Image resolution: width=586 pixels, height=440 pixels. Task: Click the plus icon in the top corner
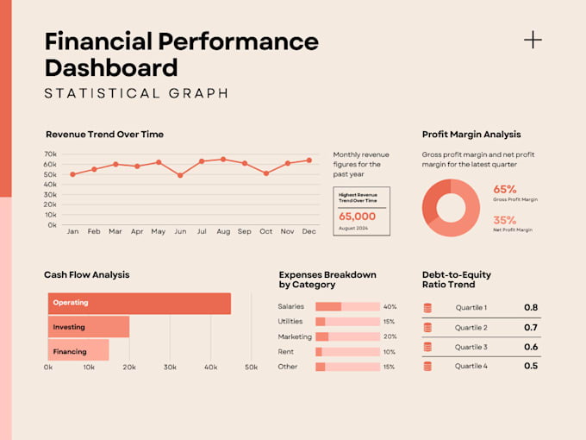(533, 39)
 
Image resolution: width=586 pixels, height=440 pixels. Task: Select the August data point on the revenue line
(223, 160)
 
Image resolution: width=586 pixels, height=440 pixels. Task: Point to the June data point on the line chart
(180, 175)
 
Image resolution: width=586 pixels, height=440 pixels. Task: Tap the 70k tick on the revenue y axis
(50, 154)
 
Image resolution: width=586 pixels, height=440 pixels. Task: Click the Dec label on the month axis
(309, 231)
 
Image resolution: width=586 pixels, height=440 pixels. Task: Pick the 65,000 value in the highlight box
(357, 217)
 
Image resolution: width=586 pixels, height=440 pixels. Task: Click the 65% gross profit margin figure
(505, 189)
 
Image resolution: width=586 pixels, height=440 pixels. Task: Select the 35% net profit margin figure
(505, 220)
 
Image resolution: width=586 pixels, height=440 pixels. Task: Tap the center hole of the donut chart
(451, 208)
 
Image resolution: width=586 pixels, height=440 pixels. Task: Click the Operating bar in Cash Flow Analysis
(139, 304)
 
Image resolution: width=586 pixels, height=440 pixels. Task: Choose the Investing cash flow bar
(88, 327)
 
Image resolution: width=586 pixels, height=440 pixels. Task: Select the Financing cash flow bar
(78, 350)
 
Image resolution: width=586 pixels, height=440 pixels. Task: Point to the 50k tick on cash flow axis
(251, 368)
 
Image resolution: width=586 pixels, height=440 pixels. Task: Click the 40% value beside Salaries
(390, 307)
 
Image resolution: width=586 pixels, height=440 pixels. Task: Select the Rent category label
(286, 352)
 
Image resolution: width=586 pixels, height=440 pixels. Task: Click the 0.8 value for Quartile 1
(531, 307)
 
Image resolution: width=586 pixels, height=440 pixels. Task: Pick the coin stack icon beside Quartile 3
(427, 347)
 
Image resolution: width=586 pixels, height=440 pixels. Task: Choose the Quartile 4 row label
(471, 366)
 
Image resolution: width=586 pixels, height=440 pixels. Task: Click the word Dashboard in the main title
(111, 67)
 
